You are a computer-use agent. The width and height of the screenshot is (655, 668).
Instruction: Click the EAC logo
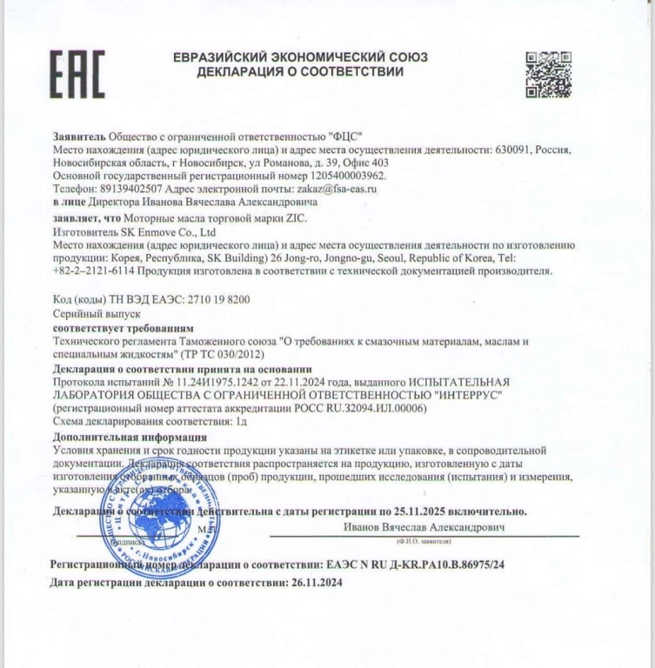click(77, 74)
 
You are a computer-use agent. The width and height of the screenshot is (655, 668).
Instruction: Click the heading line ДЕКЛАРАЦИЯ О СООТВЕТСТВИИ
click(300, 72)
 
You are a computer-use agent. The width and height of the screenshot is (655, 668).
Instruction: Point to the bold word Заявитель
click(79, 136)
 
